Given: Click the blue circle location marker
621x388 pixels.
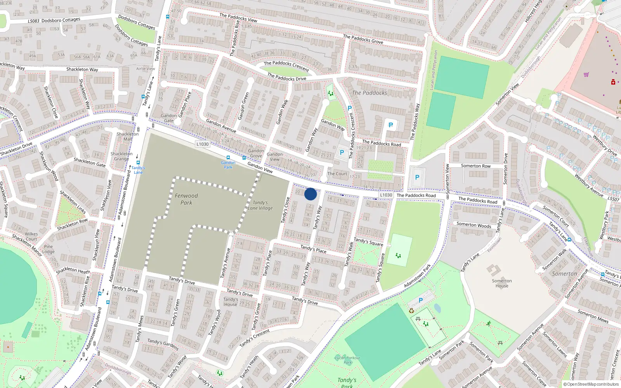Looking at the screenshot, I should [310, 194].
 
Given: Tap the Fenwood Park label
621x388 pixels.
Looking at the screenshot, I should [186, 199].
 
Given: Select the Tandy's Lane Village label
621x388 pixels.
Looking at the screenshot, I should [260, 205].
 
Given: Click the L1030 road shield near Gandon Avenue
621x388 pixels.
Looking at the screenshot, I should [202, 144].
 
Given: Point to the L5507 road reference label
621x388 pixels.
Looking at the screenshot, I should [614, 199].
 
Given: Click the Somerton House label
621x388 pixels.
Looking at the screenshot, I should [502, 283].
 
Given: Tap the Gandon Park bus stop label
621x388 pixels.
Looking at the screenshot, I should [228, 165].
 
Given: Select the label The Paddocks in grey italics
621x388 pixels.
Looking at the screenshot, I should [369, 93].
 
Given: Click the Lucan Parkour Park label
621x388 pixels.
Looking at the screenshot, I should [348, 360].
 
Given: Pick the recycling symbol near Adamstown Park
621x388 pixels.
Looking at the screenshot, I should [411, 311].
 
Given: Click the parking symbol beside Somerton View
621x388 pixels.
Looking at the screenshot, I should [417, 177].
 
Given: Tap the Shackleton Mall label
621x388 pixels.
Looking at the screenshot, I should [128, 137].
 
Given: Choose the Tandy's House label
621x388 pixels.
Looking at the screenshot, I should [231, 302].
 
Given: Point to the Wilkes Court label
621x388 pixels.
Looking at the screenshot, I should [31, 236].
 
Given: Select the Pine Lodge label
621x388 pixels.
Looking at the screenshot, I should [49, 249].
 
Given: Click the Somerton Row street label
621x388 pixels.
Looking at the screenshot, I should [475, 166].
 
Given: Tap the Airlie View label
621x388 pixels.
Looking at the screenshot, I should [146, 69].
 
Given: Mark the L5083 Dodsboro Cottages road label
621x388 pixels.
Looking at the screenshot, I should [54, 20].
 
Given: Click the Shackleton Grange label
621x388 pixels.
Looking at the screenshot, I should [121, 156].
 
